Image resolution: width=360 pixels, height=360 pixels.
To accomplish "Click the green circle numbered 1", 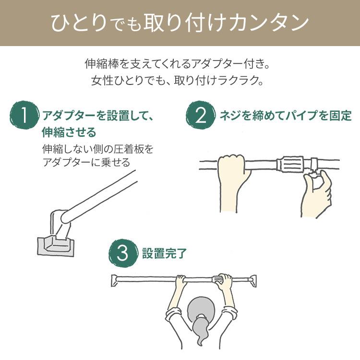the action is click(x=24, y=116).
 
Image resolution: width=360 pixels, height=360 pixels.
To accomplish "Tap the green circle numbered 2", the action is click(x=201, y=116).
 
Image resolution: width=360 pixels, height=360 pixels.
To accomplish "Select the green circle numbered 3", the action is click(x=123, y=253).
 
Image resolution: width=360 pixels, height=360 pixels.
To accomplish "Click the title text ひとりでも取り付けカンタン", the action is click(x=180, y=23).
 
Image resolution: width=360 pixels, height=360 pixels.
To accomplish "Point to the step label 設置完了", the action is click(x=164, y=253).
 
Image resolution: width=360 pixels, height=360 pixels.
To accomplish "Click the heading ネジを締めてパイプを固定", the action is click(x=286, y=115).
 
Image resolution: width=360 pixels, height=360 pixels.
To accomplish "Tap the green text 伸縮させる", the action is click(x=69, y=132).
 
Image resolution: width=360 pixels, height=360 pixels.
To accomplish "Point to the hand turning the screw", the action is click(x=317, y=193).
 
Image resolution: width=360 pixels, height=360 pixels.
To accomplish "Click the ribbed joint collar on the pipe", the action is click(x=290, y=164).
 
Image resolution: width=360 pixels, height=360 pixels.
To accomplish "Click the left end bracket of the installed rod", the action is click(x=114, y=280).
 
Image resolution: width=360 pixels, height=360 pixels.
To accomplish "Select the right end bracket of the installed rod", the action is click(x=253, y=281).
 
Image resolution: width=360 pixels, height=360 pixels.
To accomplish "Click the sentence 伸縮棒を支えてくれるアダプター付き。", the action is click(x=177, y=63).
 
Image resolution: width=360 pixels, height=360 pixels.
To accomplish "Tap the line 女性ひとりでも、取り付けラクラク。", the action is click(x=177, y=80).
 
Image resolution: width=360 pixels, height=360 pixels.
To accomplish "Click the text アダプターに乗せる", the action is click(x=86, y=162).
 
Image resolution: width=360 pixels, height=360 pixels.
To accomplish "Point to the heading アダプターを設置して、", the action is click(x=97, y=115).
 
